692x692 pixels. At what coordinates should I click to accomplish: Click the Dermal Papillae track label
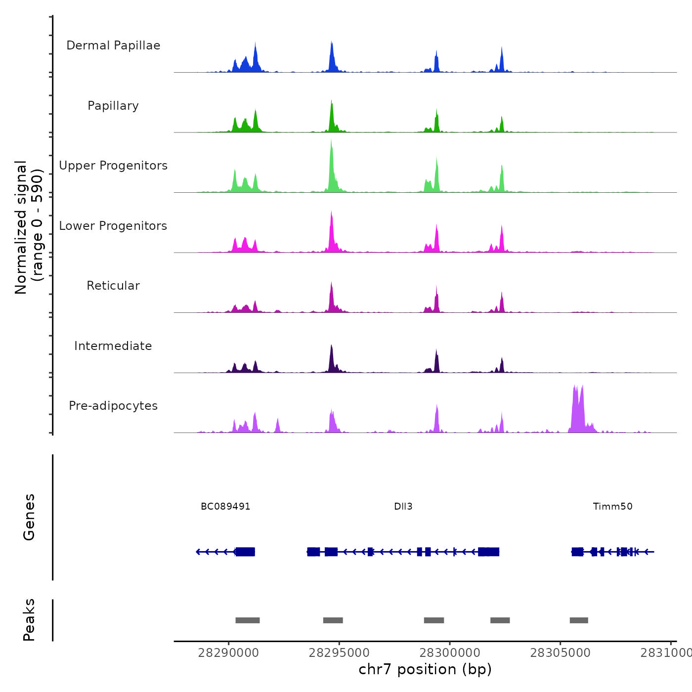113,45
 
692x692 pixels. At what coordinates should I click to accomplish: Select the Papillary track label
113,106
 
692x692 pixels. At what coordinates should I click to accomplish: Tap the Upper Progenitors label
113,166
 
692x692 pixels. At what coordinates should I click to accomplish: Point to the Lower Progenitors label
113,226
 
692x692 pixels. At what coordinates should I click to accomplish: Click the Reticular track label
113,286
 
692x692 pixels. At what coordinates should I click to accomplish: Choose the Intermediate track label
113,346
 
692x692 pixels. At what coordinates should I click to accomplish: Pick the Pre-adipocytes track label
113,406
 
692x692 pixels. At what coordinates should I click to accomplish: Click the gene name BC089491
225,507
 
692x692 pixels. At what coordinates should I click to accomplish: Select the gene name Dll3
403,507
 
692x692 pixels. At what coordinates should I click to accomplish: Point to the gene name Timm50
612,507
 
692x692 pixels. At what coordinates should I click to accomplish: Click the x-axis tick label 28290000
228,653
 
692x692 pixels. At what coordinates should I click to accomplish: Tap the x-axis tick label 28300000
450,653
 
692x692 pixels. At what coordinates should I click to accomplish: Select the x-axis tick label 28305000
560,653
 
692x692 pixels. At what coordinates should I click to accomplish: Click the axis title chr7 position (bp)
425,669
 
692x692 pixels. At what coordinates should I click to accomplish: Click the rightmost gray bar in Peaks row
579,620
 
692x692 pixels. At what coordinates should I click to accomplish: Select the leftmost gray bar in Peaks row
248,620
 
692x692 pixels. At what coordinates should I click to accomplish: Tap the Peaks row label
29,620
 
